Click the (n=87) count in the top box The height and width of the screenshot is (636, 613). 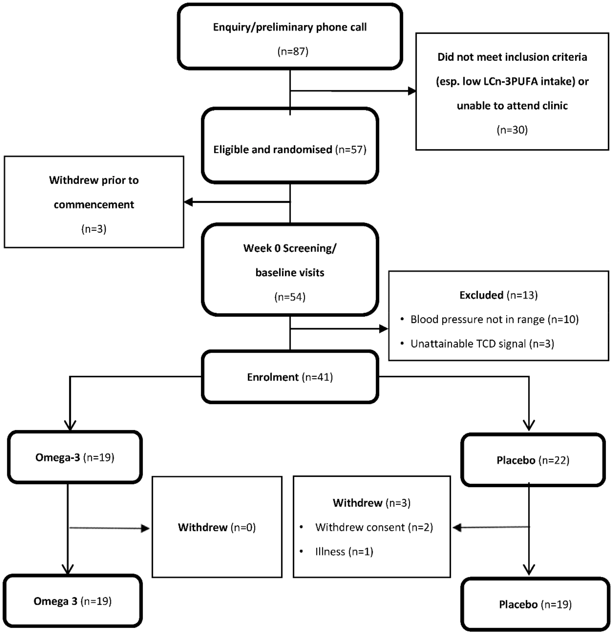coord(293,51)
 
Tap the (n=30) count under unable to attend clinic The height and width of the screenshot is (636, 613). coord(512,130)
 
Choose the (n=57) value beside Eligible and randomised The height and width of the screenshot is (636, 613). coord(351,150)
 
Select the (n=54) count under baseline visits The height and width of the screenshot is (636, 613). coord(290,297)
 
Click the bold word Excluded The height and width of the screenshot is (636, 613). coord(481,295)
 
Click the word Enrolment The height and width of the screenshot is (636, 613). coord(272,377)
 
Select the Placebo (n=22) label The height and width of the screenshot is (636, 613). coord(533,460)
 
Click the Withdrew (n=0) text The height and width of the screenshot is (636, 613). coord(217,527)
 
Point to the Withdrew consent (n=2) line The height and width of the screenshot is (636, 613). coord(374,527)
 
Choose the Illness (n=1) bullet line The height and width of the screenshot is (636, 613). coord(344,552)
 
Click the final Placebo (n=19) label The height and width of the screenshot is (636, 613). coord(535,604)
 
